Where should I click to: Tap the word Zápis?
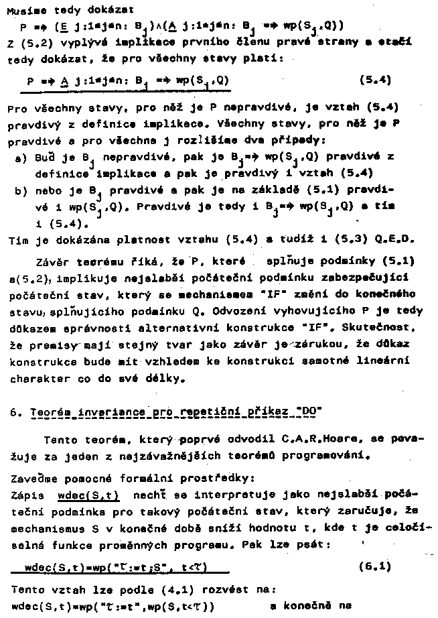[23, 496]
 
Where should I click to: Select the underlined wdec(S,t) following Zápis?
[88, 497]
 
